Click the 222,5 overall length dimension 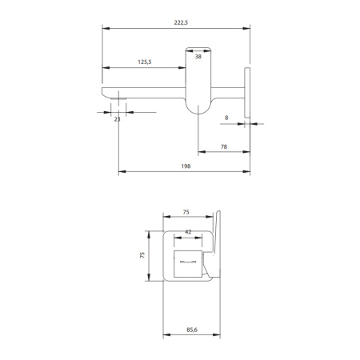point(181,22)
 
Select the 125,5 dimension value point(146,62)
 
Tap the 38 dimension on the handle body point(198,58)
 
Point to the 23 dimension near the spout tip point(118,119)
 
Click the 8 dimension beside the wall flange point(226,118)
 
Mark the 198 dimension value point(186,166)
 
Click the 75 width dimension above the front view point(186,213)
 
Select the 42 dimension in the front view point(188,231)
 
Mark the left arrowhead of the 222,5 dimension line point(104,29)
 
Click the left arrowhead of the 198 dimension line point(120,171)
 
